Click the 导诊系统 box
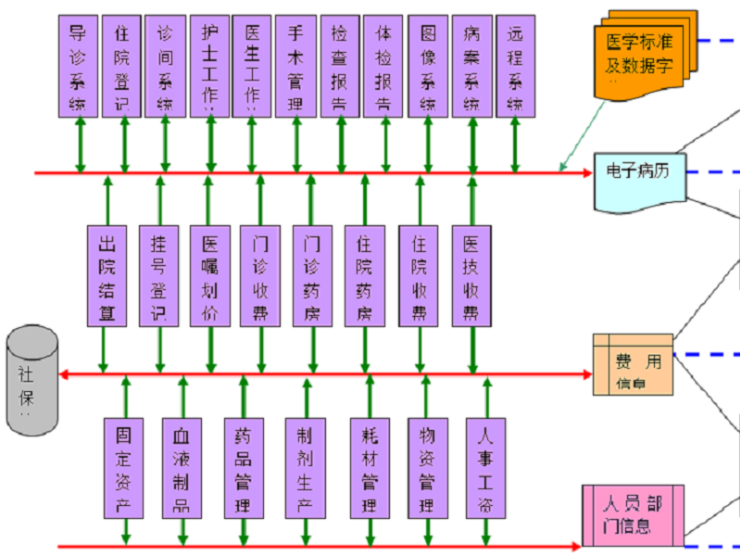click(78, 66)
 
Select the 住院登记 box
click(121, 66)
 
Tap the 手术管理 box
click(295, 66)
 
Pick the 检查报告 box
click(340, 66)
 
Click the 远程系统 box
click(516, 66)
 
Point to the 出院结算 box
click(107, 275)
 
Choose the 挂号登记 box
click(158, 275)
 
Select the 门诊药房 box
click(312, 275)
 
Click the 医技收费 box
click(471, 275)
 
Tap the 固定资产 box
click(124, 467)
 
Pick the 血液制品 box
click(182, 467)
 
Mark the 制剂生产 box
click(306, 467)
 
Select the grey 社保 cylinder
click(31, 380)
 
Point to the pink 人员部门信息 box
click(633, 514)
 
